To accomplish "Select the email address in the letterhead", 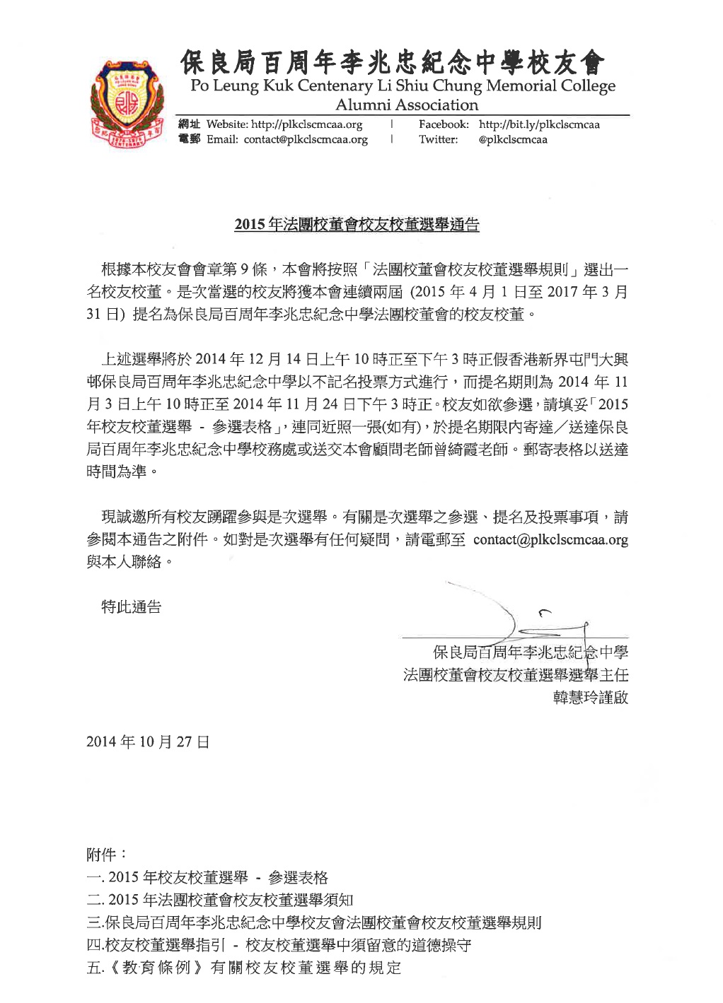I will coord(306,139).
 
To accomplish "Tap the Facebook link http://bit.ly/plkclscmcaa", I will coord(539,124).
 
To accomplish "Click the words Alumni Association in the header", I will coord(407,105).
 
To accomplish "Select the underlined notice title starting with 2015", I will coord(357,225).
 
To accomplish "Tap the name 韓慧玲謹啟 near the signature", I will coord(590,698).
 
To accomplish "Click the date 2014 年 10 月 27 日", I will coord(148,742).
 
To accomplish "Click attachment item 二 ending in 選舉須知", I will coord(219,900).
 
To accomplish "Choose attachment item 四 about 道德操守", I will coord(279,945).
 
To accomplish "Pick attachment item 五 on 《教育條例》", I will coord(243,968).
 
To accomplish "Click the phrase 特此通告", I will coord(132,606).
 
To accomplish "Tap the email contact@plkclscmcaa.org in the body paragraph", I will coord(550,540).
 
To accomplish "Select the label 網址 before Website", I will coord(189,124).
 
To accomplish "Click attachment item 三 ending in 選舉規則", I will coord(314,922).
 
